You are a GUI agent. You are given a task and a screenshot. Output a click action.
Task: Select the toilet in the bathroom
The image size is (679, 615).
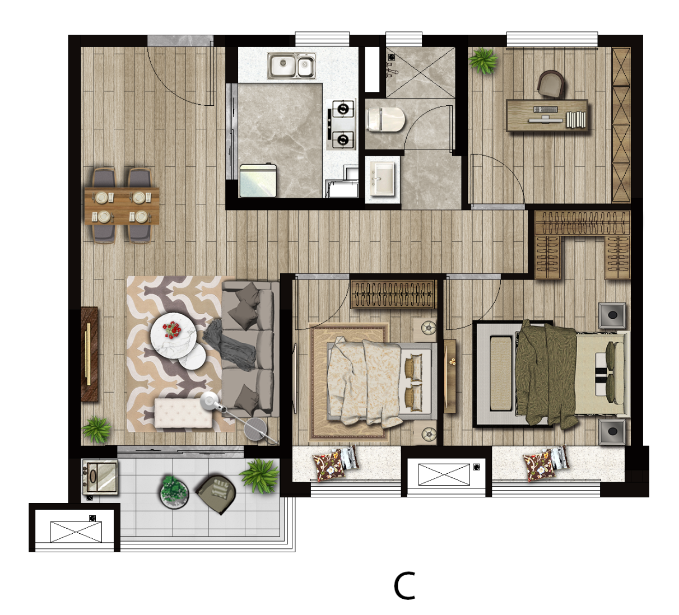(386, 119)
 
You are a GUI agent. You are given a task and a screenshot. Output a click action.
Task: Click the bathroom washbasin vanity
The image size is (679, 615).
(383, 178)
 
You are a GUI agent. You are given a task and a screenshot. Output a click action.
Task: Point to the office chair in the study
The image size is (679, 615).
(551, 83)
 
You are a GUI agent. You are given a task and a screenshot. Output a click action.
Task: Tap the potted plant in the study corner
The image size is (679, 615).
(483, 60)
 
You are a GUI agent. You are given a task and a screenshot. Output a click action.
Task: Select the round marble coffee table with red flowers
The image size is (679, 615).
(173, 335)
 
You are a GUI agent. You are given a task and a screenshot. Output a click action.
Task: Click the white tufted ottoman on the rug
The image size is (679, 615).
(183, 413)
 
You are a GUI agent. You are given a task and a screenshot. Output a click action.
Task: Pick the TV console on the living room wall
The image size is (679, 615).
(90, 354)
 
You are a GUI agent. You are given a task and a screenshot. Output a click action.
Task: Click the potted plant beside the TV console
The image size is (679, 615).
(96, 429)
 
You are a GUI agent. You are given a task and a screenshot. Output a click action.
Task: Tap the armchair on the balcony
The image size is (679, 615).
(216, 494)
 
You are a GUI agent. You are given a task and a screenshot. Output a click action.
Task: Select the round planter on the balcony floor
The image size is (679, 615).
(174, 492)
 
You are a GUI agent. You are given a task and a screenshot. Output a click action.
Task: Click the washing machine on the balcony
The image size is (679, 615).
(100, 477)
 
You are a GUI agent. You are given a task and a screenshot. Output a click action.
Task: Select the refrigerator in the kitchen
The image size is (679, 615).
(258, 180)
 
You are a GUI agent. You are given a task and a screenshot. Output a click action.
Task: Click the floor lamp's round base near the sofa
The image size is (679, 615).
(255, 428)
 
